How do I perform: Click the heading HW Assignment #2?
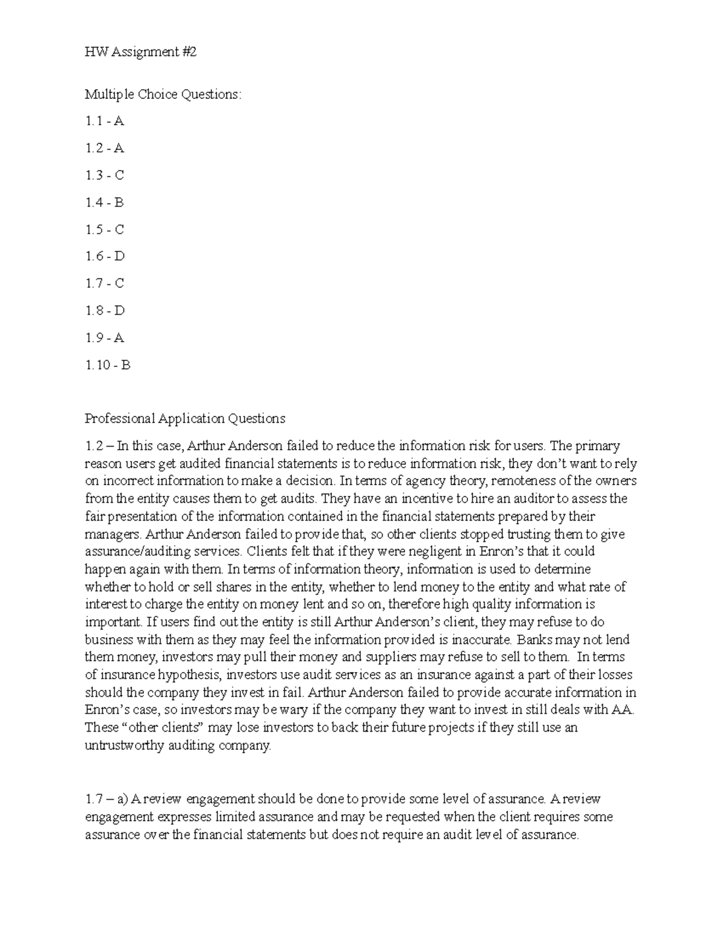141,52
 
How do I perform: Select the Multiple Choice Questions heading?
163,94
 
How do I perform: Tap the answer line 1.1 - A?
104,121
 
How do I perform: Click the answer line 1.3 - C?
104,175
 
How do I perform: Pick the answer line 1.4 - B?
104,203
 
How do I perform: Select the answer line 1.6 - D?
105,256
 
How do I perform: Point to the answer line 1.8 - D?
105,310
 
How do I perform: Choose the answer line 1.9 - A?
104,338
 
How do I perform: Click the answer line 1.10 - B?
107,365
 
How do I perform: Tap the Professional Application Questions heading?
185,418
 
